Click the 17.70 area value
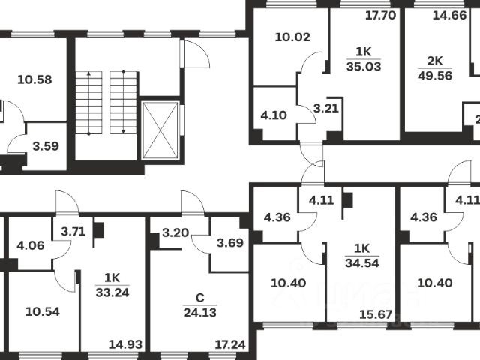click(x=379, y=15)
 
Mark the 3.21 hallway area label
click(x=327, y=109)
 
